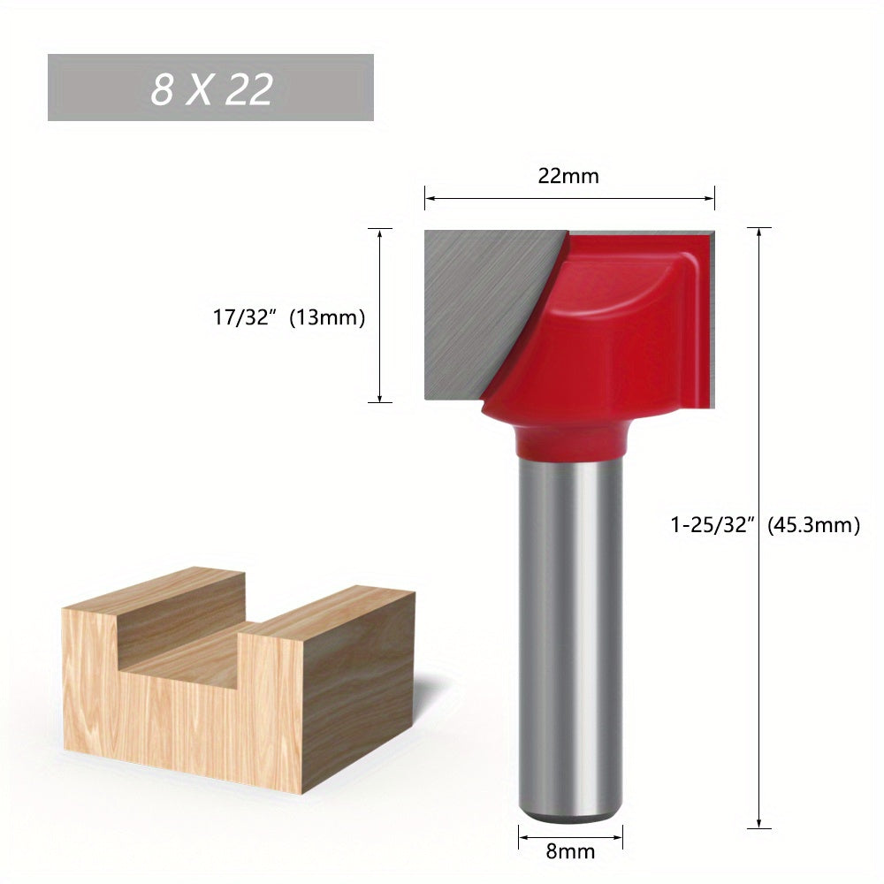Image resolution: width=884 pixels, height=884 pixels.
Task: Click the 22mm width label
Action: pos(568,176)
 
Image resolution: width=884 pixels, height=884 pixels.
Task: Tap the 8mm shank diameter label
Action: pos(571,852)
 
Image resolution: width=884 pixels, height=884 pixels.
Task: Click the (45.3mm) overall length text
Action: pos(813,525)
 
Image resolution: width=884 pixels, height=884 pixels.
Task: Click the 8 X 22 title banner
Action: pos(210,88)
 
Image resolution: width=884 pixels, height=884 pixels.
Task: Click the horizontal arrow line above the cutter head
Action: pos(569,198)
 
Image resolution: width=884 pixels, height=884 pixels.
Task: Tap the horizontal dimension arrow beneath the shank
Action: pos(570,834)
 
